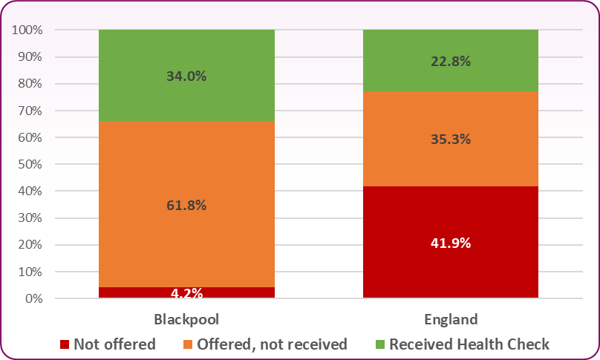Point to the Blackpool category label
(186, 320)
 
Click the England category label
(450, 320)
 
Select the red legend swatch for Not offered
(65, 344)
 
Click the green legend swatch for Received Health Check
(380, 344)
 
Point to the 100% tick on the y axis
(27, 30)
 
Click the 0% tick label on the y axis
(33, 299)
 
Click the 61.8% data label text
(186, 206)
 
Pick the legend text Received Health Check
(469, 344)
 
